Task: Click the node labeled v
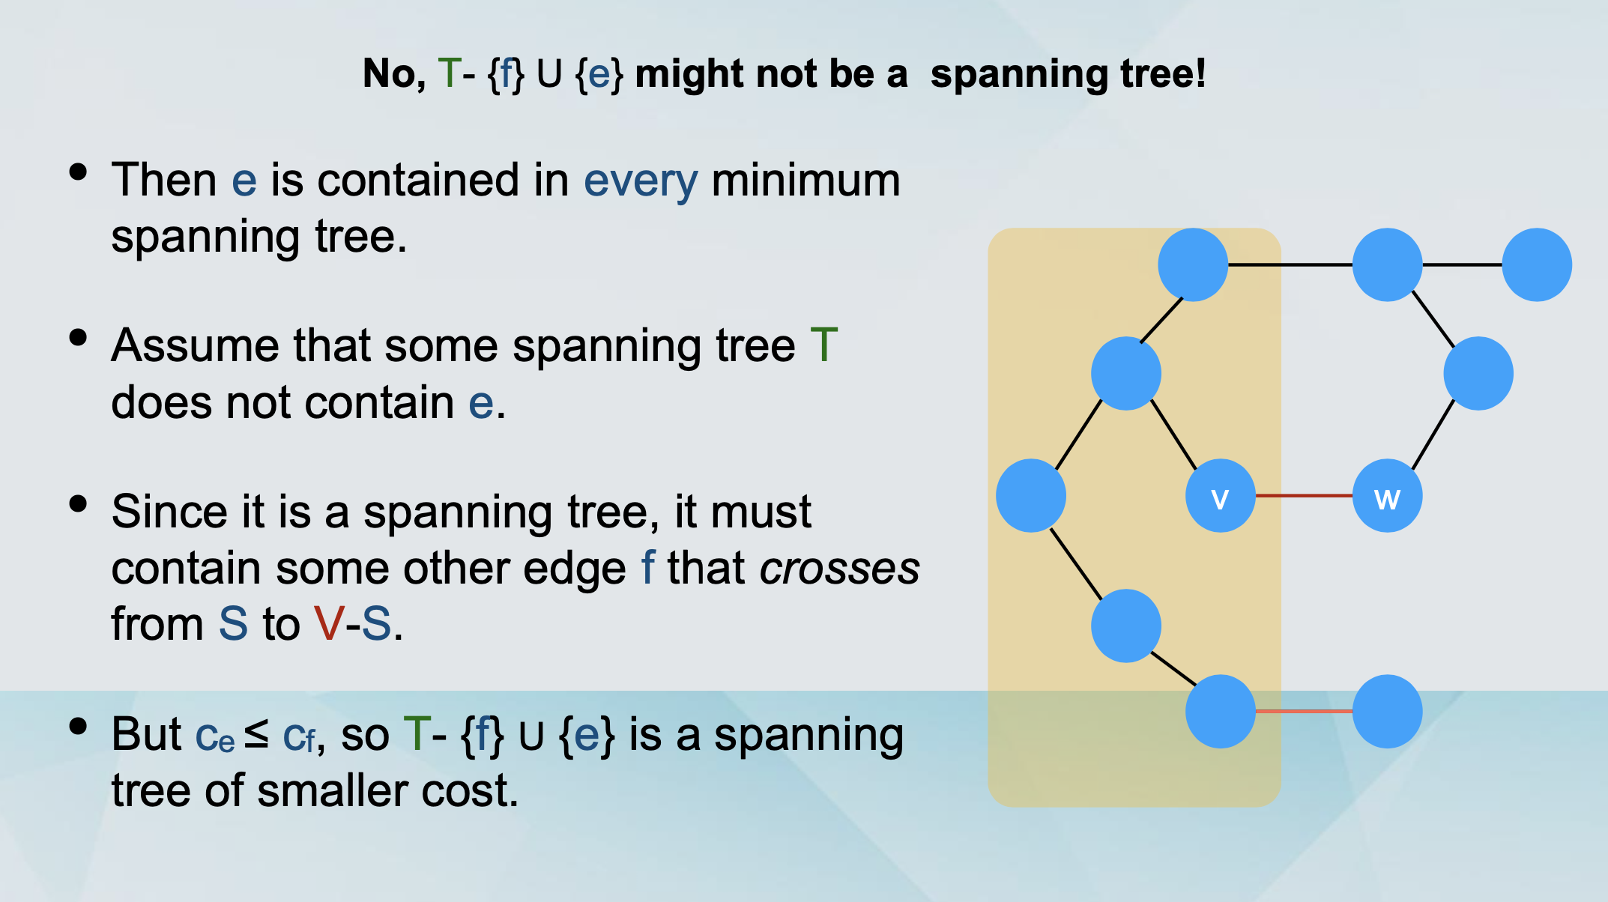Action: tap(1220, 496)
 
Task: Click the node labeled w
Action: tap(1387, 496)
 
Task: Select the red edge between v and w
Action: tap(1304, 496)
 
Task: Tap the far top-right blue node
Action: tap(1537, 264)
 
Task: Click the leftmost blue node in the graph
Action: tap(1031, 496)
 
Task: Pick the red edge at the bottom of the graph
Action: tap(1304, 711)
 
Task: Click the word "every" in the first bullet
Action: tap(641, 181)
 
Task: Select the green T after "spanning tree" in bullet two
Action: tap(823, 345)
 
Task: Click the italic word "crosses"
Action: tap(839, 569)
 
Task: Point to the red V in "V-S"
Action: tap(329, 623)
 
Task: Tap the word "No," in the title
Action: tap(394, 74)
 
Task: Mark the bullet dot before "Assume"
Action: tap(78, 338)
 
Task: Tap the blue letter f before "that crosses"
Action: tap(647, 567)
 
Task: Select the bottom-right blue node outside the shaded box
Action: tap(1387, 711)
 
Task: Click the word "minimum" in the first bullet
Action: tap(806, 181)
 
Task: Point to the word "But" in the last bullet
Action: tap(146, 734)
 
